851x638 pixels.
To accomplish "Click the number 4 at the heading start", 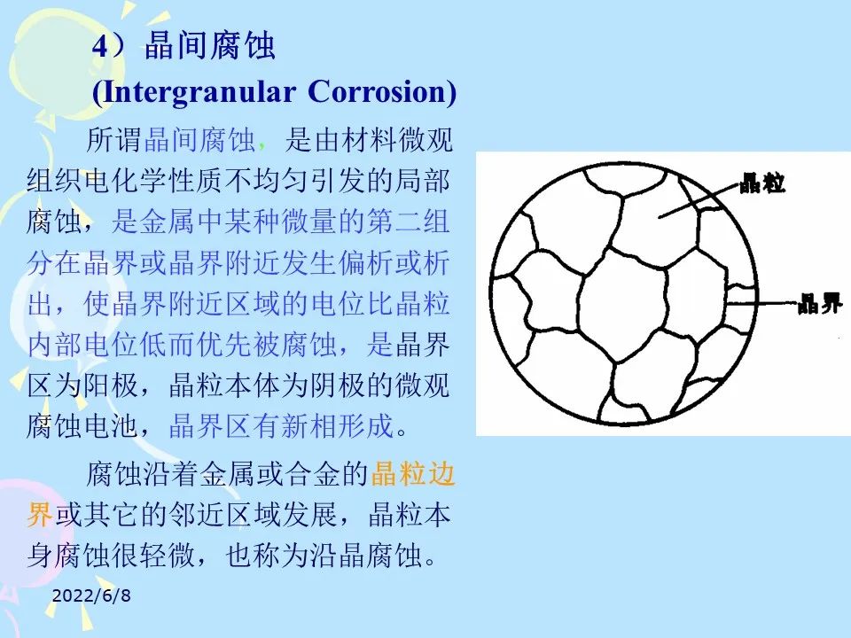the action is [100, 47].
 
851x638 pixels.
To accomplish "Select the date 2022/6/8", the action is [91, 595].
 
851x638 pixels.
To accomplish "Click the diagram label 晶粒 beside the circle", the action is [763, 183].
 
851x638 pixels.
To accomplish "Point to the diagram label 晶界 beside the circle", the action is [820, 303].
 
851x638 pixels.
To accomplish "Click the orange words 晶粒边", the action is [412, 473].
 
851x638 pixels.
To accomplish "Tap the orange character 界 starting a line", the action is [40, 514].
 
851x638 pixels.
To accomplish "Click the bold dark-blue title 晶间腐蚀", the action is [210, 45].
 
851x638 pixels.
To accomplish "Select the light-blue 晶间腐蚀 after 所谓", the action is [199, 140].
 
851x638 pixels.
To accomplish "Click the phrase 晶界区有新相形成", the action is [281, 426].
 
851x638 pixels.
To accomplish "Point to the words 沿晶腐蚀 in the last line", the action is [365, 555].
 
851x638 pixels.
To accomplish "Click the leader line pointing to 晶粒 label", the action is [699, 201].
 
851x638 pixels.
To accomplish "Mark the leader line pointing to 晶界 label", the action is [762, 303].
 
